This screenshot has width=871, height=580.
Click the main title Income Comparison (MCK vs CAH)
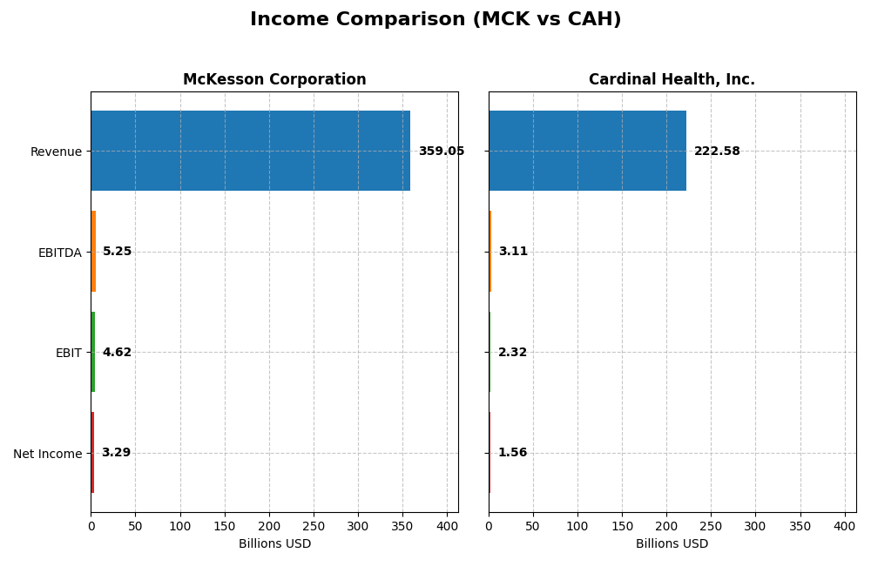coord(435,20)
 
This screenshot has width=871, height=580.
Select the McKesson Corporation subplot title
coord(274,80)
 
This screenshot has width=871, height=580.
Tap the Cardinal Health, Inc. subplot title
coord(672,80)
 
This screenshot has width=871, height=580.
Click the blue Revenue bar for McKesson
coord(250,151)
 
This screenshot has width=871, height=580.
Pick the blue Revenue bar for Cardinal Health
coord(587,151)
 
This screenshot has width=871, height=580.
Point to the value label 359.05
coord(441,152)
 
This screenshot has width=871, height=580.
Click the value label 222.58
coord(717,152)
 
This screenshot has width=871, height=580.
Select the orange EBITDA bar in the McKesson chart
coord(93,252)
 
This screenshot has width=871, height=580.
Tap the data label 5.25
coord(118,252)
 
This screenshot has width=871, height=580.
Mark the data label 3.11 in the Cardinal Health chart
coord(513,252)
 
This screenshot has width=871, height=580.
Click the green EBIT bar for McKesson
coord(93,352)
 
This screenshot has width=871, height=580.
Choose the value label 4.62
coord(117,353)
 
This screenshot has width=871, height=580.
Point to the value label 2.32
coord(512,353)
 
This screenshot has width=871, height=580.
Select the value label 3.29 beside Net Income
coord(116,453)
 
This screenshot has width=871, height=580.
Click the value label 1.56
coord(512,453)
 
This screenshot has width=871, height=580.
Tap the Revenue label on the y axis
coord(56,152)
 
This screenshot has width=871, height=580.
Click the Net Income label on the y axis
coord(47,454)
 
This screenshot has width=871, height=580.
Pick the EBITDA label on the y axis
coord(59,253)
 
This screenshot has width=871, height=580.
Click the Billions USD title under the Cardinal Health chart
coord(672,544)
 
